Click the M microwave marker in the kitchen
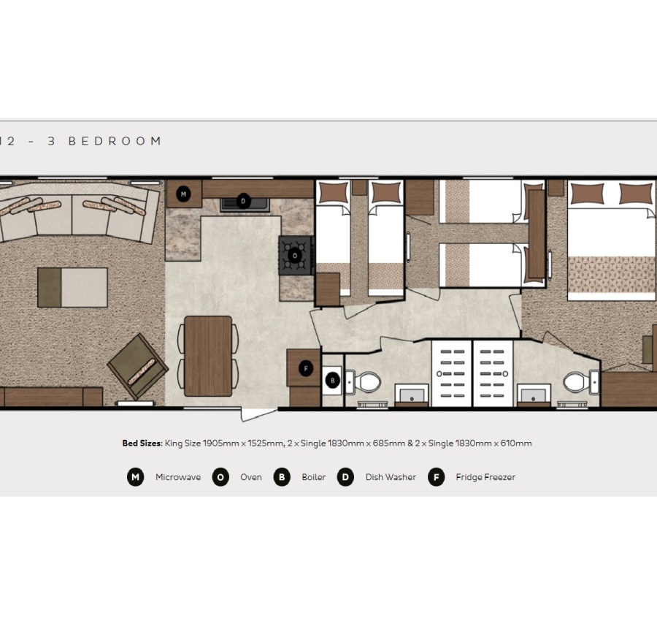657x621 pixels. click(x=184, y=194)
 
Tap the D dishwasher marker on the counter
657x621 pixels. click(x=244, y=201)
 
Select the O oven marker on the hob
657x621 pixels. click(x=295, y=255)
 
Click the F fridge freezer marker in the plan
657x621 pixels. click(x=306, y=369)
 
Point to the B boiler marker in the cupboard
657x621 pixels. click(x=333, y=380)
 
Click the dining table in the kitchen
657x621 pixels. click(x=208, y=356)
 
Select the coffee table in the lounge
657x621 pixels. click(x=72, y=287)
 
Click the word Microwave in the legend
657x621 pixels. click(x=178, y=477)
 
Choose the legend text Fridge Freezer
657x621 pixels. click(x=485, y=477)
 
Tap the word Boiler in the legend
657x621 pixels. click(x=314, y=477)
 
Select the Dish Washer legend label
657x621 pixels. click(x=391, y=477)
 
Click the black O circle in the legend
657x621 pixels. click(x=220, y=478)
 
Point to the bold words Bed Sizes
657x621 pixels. click(x=142, y=443)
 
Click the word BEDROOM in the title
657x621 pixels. click(x=115, y=141)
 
